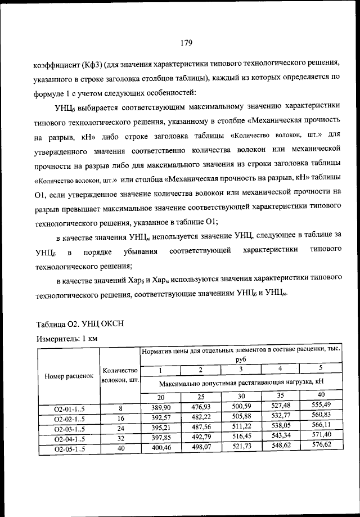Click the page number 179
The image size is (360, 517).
187,42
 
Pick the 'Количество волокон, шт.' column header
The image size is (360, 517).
120,375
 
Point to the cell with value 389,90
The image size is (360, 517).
160,407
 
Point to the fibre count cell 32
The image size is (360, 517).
120,437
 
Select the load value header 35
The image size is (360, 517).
280,395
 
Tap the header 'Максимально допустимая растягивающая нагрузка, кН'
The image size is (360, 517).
241,383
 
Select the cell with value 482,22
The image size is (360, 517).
200,417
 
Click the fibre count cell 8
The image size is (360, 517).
120,407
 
